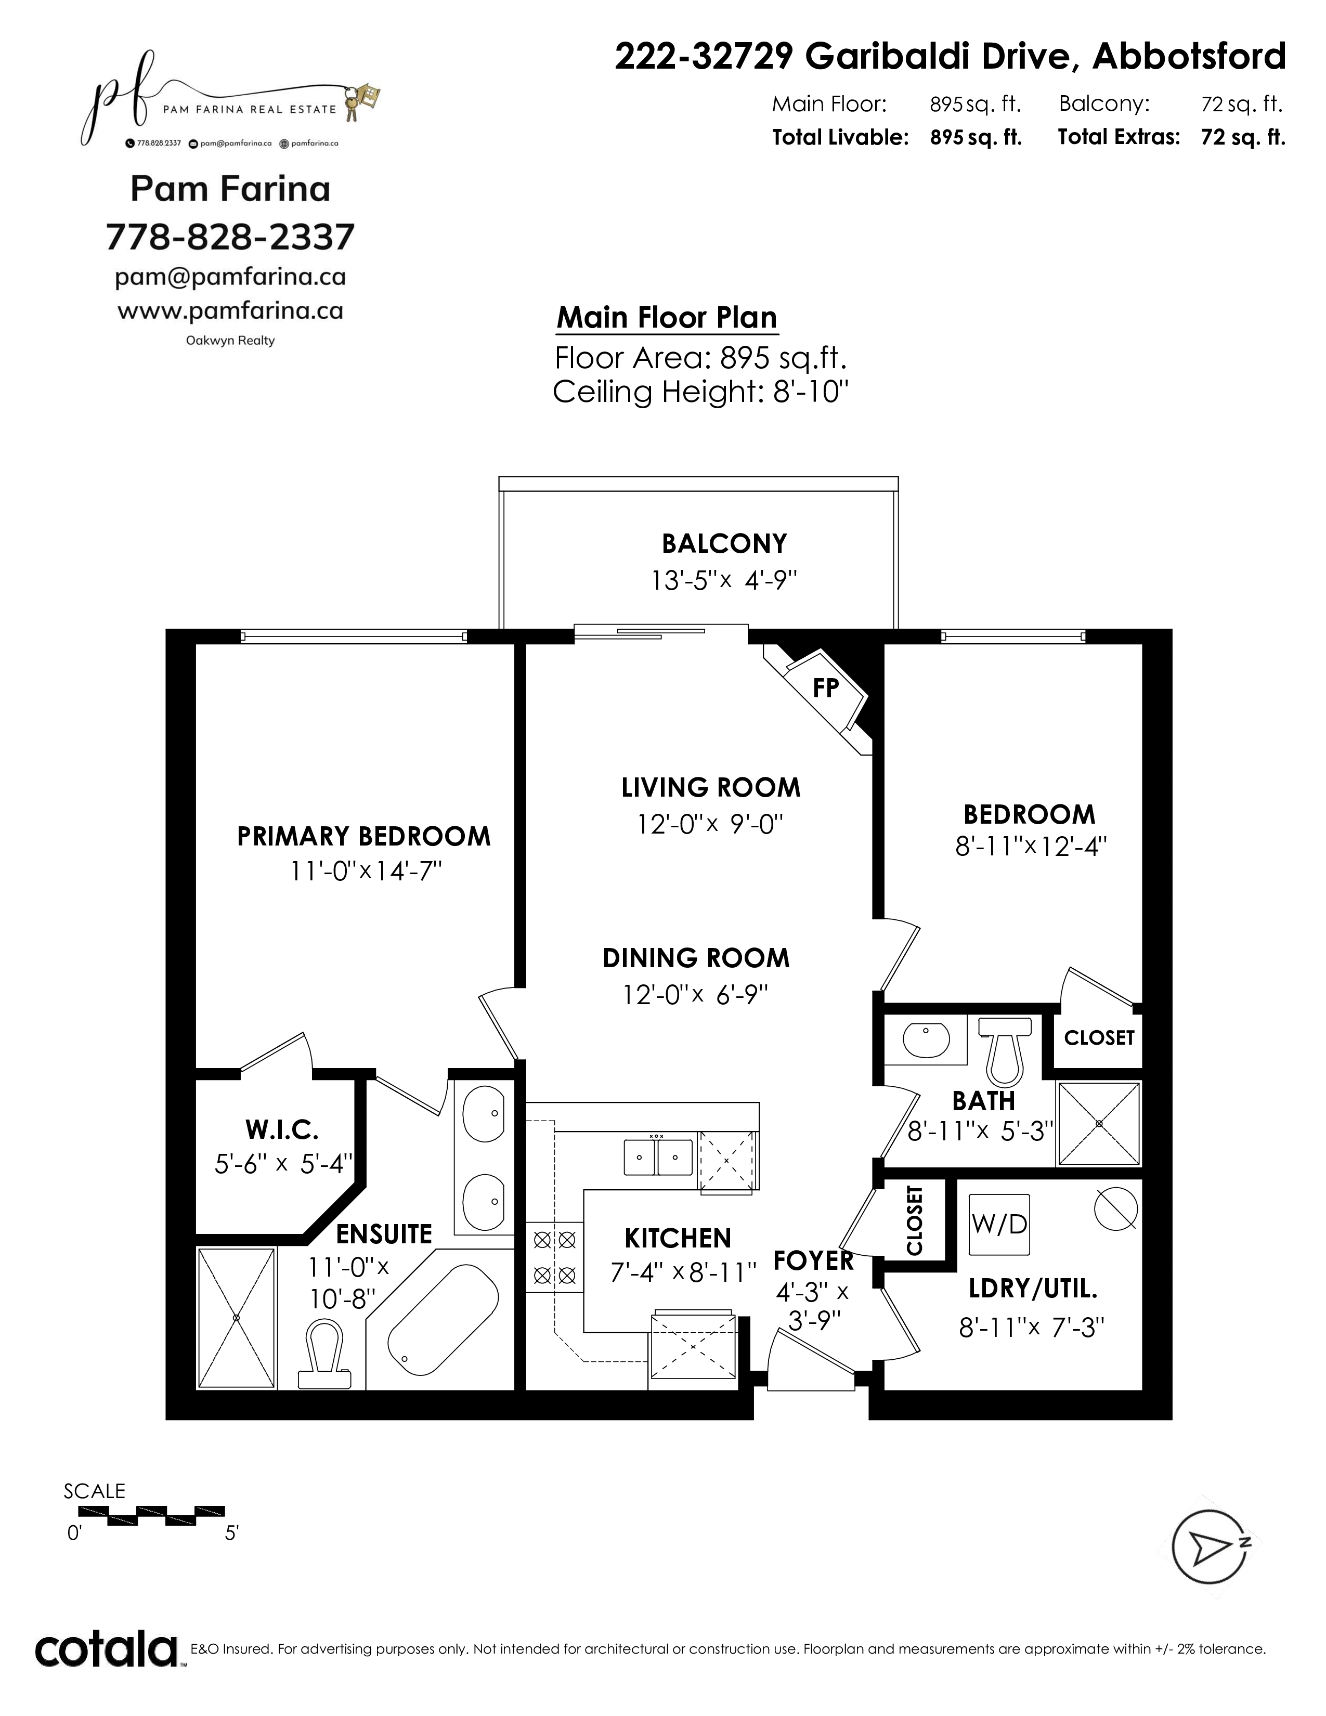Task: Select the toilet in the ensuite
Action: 324,1354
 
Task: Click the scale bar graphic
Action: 145,1516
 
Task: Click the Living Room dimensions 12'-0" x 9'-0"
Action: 710,824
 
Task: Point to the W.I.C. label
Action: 282,1130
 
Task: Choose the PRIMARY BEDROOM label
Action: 363,836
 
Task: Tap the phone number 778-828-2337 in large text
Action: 230,237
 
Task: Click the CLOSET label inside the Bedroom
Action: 1099,1038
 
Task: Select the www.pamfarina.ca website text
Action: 230,311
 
